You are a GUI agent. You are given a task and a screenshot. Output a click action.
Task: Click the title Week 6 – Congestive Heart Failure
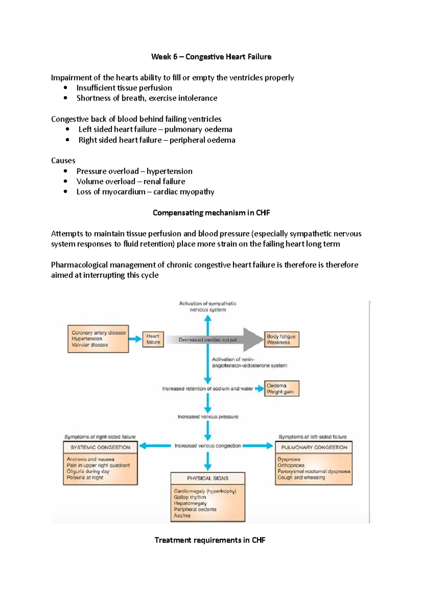point(211,57)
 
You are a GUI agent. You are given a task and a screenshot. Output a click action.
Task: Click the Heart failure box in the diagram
point(153,339)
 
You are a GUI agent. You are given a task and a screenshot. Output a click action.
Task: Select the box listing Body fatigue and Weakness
point(281,339)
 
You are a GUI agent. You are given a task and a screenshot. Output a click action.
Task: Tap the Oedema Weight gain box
point(281,388)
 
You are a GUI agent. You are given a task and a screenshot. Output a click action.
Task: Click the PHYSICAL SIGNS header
point(207,478)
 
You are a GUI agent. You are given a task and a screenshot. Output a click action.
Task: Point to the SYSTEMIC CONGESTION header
point(100,447)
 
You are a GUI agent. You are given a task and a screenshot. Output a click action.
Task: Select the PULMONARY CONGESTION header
point(314,447)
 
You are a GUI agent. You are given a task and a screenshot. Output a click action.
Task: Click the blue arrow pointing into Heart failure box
point(135,339)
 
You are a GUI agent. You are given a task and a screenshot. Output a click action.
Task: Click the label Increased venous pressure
point(207,417)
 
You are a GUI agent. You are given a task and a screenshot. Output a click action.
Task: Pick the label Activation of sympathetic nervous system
point(207,306)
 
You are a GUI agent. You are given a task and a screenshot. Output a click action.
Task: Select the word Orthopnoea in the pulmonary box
point(291,465)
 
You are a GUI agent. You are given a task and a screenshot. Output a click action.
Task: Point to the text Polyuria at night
point(85,478)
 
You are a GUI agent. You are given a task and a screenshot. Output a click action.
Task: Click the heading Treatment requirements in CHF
point(210,540)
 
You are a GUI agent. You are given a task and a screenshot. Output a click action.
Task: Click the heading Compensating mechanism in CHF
point(211,213)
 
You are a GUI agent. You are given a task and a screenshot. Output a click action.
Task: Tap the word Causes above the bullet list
point(63,161)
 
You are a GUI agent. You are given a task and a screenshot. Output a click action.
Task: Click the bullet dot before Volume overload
point(65,181)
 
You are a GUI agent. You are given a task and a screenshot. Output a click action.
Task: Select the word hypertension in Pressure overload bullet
point(169,171)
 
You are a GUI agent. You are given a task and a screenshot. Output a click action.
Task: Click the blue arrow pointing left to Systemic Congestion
point(155,446)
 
